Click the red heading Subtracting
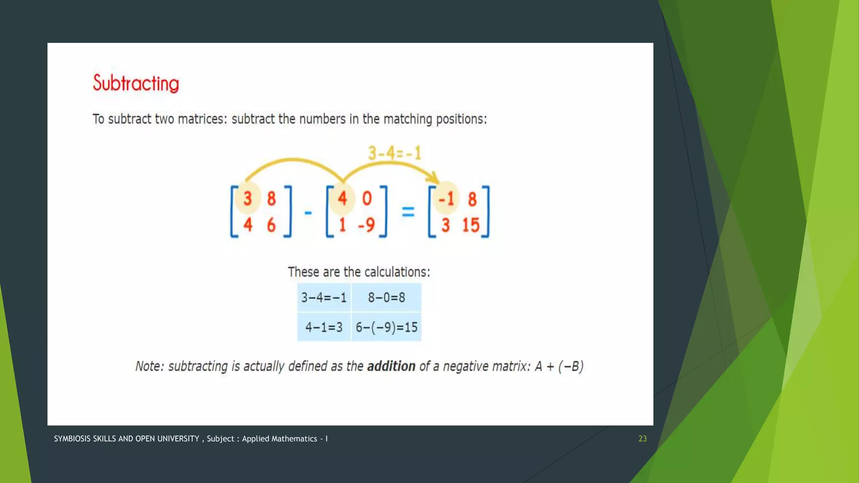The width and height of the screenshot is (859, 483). point(136,83)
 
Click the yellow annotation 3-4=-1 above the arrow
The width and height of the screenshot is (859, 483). point(394,153)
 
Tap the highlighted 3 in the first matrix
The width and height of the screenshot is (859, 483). point(247,198)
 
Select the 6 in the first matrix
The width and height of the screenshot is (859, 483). point(271,225)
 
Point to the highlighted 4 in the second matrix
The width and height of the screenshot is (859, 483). point(342,198)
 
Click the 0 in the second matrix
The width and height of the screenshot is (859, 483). point(367,198)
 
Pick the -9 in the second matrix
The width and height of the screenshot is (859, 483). point(366,225)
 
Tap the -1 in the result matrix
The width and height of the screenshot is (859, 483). point(446,199)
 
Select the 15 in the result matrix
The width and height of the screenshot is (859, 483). point(471,225)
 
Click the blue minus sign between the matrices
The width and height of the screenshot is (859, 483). point(308,213)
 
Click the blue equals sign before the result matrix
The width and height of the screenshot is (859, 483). point(408,212)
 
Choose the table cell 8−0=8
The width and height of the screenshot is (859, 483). point(386,298)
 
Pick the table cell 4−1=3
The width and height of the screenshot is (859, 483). point(324,327)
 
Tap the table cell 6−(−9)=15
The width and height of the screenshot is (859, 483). point(386,327)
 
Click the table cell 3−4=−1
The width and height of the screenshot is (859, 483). point(324,298)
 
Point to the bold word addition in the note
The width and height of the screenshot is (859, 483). point(391,366)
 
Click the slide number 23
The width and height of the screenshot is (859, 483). point(643,439)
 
